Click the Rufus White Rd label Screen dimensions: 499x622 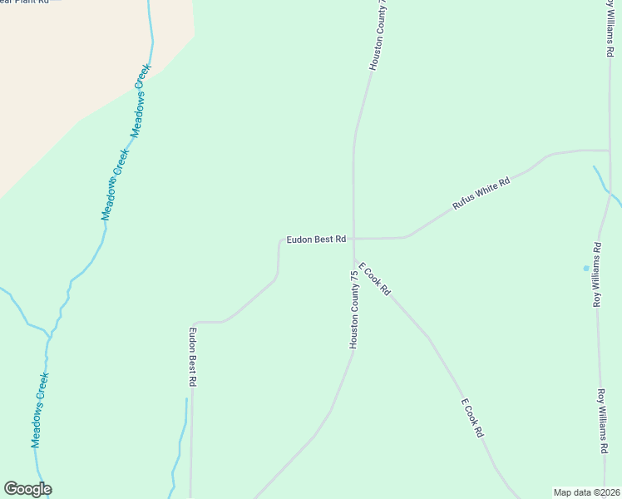pyautogui.click(x=481, y=193)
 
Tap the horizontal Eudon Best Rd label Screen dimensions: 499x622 pyautogui.click(x=316, y=240)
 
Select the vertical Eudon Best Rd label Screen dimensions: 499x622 pyautogui.click(x=192, y=357)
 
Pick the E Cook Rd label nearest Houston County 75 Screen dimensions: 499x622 pyautogui.click(x=374, y=279)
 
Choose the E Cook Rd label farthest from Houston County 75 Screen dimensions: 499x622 pyautogui.click(x=472, y=418)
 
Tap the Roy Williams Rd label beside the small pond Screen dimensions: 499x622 pyautogui.click(x=597, y=274)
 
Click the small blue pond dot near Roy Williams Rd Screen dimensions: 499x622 pyautogui.click(x=586, y=268)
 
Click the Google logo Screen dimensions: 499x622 pyautogui.click(x=27, y=489)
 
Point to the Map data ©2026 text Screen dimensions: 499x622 pyautogui.click(x=586, y=492)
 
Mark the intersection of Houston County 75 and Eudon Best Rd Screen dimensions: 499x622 pyautogui.click(x=353, y=240)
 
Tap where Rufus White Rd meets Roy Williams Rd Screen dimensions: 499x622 pyautogui.click(x=610, y=151)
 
